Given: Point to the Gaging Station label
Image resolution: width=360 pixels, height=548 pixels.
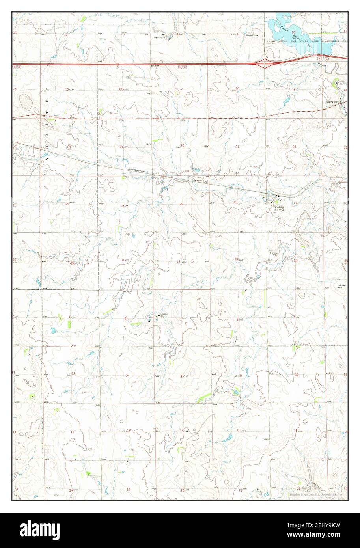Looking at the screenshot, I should pos(333,102).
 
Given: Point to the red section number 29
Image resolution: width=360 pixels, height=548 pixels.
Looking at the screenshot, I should pos(181,204).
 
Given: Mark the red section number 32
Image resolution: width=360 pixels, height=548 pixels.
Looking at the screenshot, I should pos(179,261).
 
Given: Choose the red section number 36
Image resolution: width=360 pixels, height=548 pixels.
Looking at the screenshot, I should pos(72,263).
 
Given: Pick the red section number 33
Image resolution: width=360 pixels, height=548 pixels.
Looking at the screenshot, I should pos(236,259).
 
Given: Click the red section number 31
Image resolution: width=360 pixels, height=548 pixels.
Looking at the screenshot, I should pos(123,260).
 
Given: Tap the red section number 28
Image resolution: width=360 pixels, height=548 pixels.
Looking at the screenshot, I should pos(235,202).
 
